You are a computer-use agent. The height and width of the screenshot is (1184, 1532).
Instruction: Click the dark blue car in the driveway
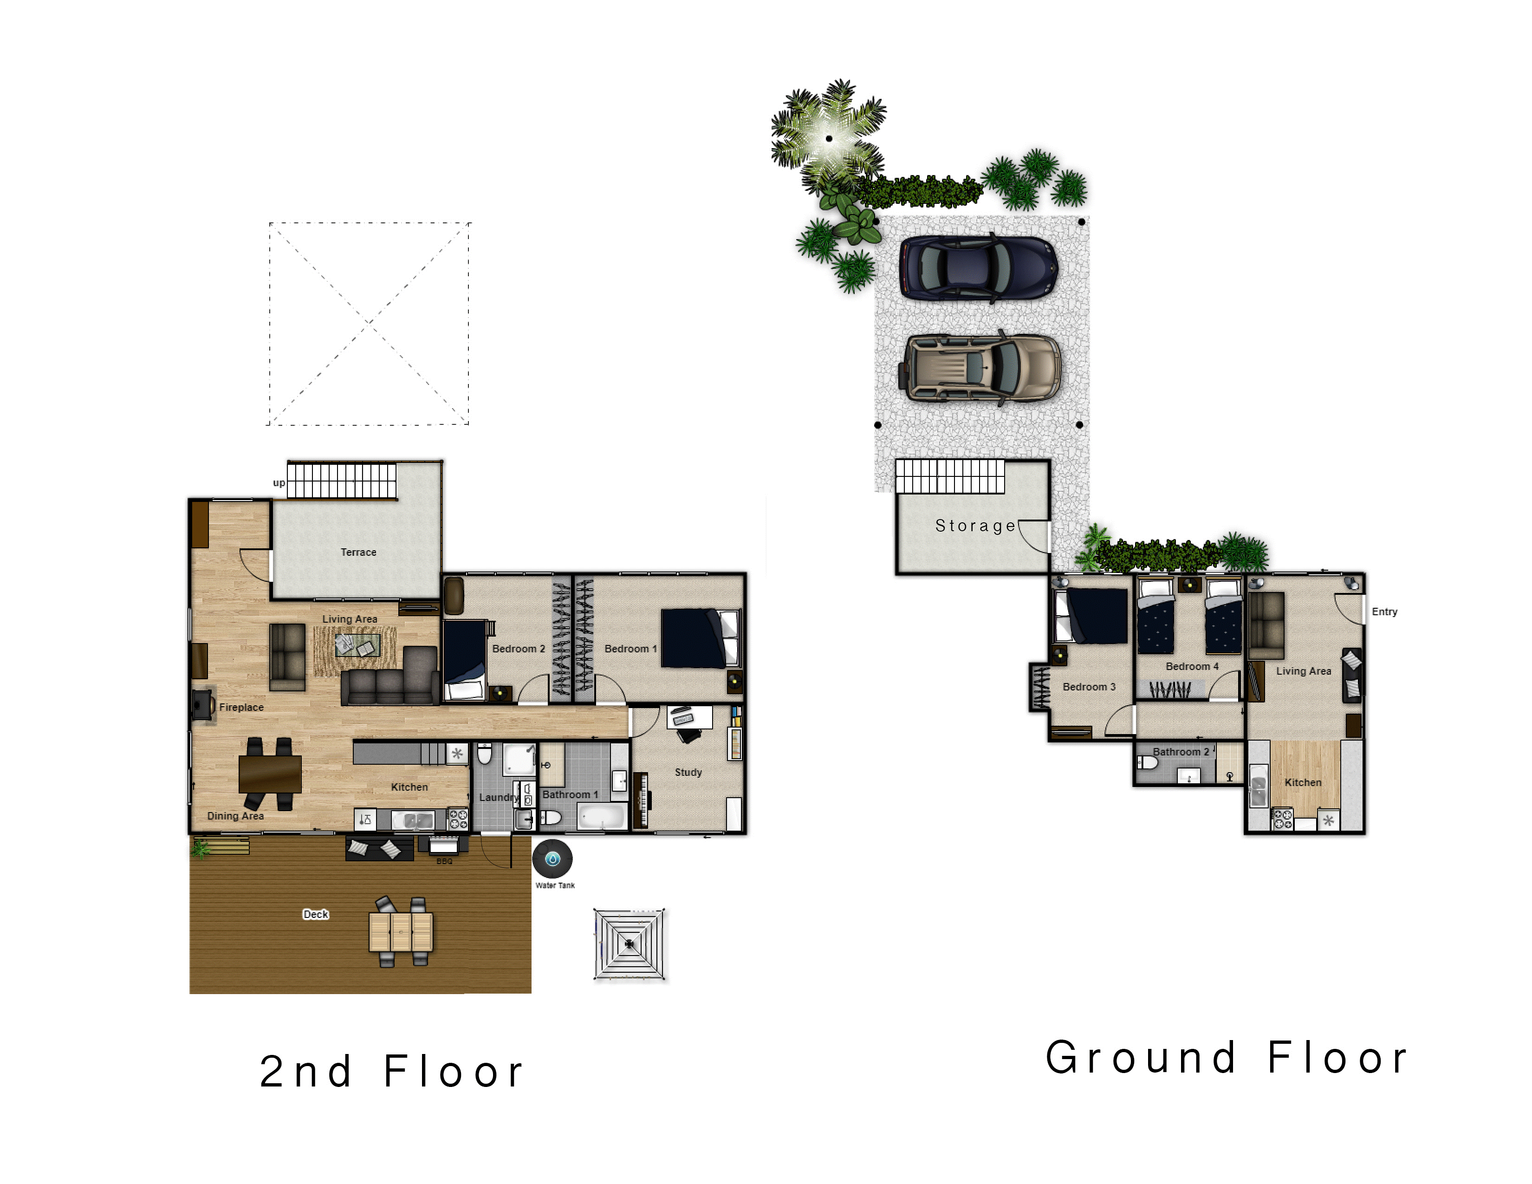point(979,267)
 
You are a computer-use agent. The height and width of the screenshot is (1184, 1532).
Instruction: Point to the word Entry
point(1384,612)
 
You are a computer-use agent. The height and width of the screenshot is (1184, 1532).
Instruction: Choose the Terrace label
point(358,552)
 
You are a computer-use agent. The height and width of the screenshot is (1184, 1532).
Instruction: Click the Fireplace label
point(241,707)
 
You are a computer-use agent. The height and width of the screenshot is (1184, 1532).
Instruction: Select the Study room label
point(688,772)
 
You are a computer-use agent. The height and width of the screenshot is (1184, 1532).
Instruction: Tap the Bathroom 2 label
point(1181,751)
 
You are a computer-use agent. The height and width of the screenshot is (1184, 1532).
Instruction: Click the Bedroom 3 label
point(1089,687)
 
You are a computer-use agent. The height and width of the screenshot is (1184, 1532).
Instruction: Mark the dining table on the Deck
point(401,931)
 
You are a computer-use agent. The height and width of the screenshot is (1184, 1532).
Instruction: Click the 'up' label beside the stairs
point(279,482)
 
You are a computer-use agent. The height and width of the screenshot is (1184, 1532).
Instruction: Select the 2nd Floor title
point(391,1071)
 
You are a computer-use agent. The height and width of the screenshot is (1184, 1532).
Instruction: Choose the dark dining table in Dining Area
point(270,773)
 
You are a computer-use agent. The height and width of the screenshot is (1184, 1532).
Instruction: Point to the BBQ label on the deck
point(444,861)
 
